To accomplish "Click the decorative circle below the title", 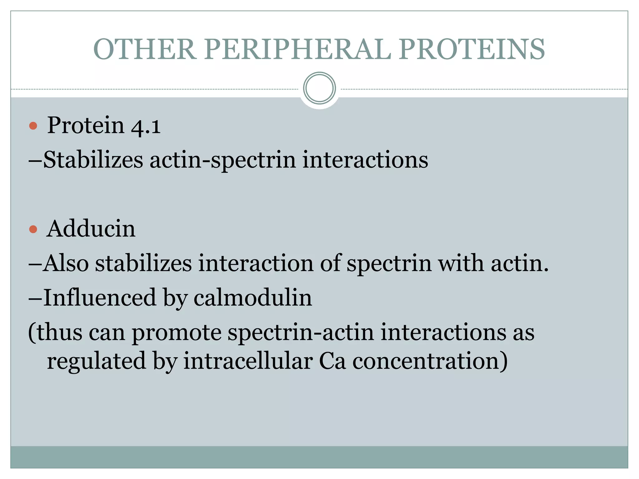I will click(x=319, y=88).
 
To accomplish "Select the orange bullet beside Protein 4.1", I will click(x=33, y=126).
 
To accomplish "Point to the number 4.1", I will click(x=146, y=126).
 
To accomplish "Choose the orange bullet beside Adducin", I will click(x=33, y=230).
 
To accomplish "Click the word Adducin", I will click(x=91, y=229).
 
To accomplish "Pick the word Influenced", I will click(x=100, y=298).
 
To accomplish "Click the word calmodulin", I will click(x=253, y=298).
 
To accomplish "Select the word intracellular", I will click(x=248, y=361).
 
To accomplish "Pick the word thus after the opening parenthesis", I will click(x=59, y=332).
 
